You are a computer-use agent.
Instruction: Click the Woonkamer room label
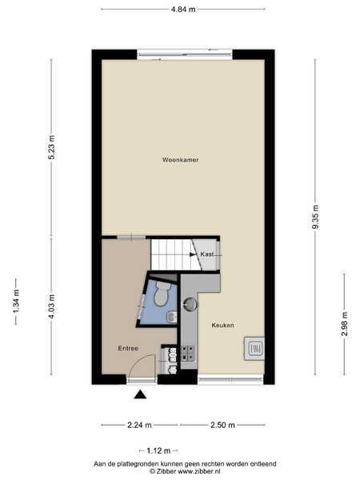[180, 160]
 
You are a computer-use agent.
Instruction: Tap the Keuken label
[223, 325]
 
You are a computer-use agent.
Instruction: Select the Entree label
[128, 348]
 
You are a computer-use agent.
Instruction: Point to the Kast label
[207, 254]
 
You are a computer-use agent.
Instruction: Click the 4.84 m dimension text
[183, 9]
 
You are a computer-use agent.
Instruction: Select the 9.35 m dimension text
[315, 217]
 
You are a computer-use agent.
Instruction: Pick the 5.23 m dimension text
[51, 147]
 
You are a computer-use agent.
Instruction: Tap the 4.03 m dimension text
[51, 306]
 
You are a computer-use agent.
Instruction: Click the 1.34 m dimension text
[16, 302]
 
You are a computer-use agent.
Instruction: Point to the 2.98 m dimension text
[345, 324]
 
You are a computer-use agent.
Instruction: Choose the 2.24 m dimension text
[139, 426]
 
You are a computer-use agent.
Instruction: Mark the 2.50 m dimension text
[222, 426]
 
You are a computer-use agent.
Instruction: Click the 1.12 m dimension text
[158, 451]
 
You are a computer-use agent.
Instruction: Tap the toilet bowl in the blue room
[162, 294]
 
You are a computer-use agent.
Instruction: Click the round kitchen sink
[190, 304]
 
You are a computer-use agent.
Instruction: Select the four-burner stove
[188, 354]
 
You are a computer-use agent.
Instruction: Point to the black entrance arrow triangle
[140, 394]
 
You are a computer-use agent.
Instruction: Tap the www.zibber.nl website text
[199, 472]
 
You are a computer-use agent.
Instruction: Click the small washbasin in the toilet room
[172, 317]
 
